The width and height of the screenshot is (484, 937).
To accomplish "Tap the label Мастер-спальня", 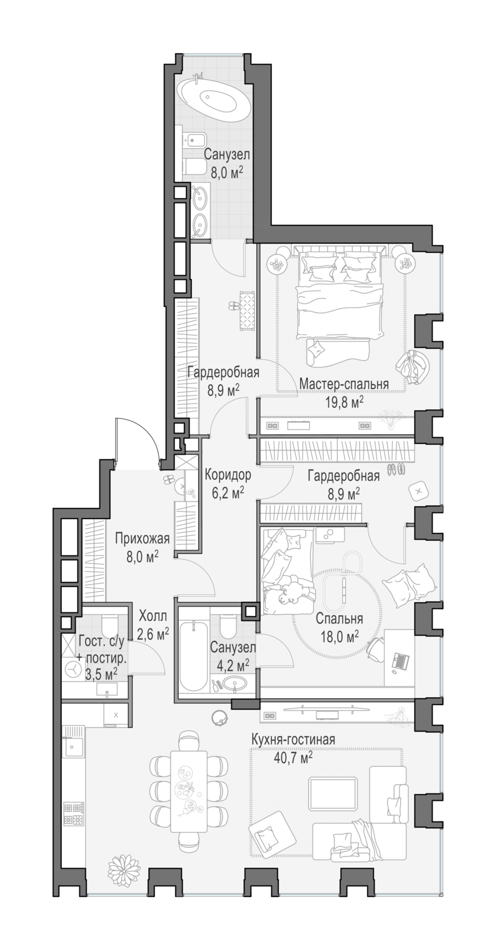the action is click(x=343, y=383).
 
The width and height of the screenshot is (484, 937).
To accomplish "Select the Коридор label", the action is click(x=228, y=474).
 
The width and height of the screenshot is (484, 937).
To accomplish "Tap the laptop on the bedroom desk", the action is click(x=399, y=660).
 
